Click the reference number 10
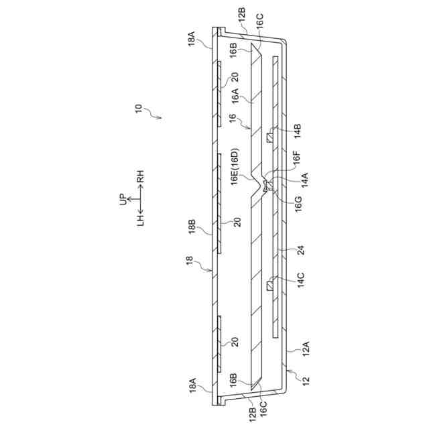[138, 108]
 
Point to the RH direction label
[140, 179]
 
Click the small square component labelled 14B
[269, 138]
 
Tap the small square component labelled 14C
[269, 287]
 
